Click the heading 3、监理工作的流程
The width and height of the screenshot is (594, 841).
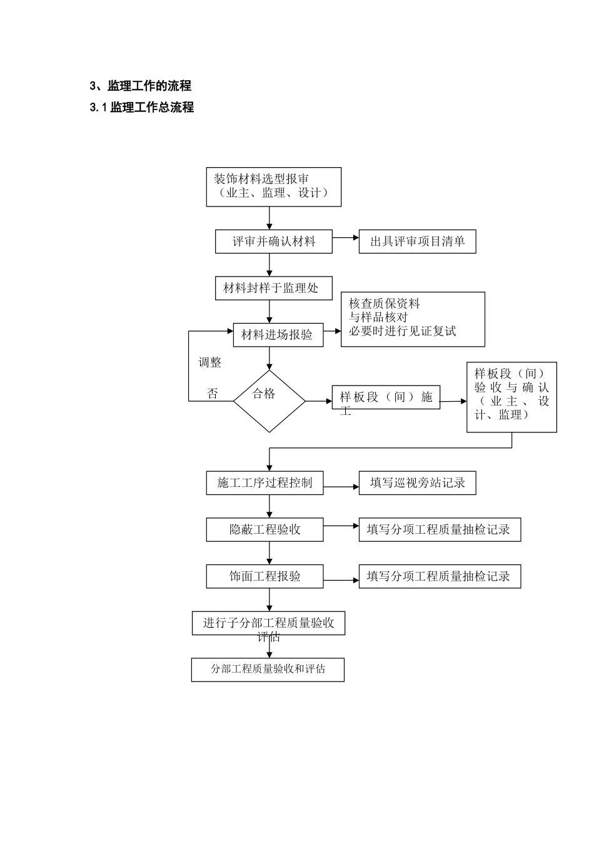coord(141,86)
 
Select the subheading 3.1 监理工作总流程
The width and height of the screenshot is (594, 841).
coord(142,108)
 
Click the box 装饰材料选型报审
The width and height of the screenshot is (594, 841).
coord(273,186)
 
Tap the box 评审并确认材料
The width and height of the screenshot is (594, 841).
coord(273,242)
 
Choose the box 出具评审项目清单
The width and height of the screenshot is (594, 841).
coord(417,242)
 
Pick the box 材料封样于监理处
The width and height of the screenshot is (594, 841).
coord(273,288)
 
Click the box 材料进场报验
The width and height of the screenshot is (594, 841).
coord(278,335)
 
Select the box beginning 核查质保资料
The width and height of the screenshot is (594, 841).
coord(413,319)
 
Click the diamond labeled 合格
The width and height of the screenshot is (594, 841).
coord(269,400)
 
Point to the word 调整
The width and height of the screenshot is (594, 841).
coord(210,362)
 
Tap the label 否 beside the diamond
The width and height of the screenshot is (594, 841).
coord(213,394)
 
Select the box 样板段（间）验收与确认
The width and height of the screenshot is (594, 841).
coord(511,397)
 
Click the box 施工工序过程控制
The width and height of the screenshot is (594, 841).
coord(264,483)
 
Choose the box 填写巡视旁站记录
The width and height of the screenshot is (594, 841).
coord(417,483)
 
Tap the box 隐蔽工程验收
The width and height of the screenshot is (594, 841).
coord(264,529)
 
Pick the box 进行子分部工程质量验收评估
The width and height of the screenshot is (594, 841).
coord(268,623)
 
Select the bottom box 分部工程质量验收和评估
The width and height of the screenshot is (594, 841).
coord(268,669)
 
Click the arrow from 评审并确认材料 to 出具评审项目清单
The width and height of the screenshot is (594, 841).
coord(345,238)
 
